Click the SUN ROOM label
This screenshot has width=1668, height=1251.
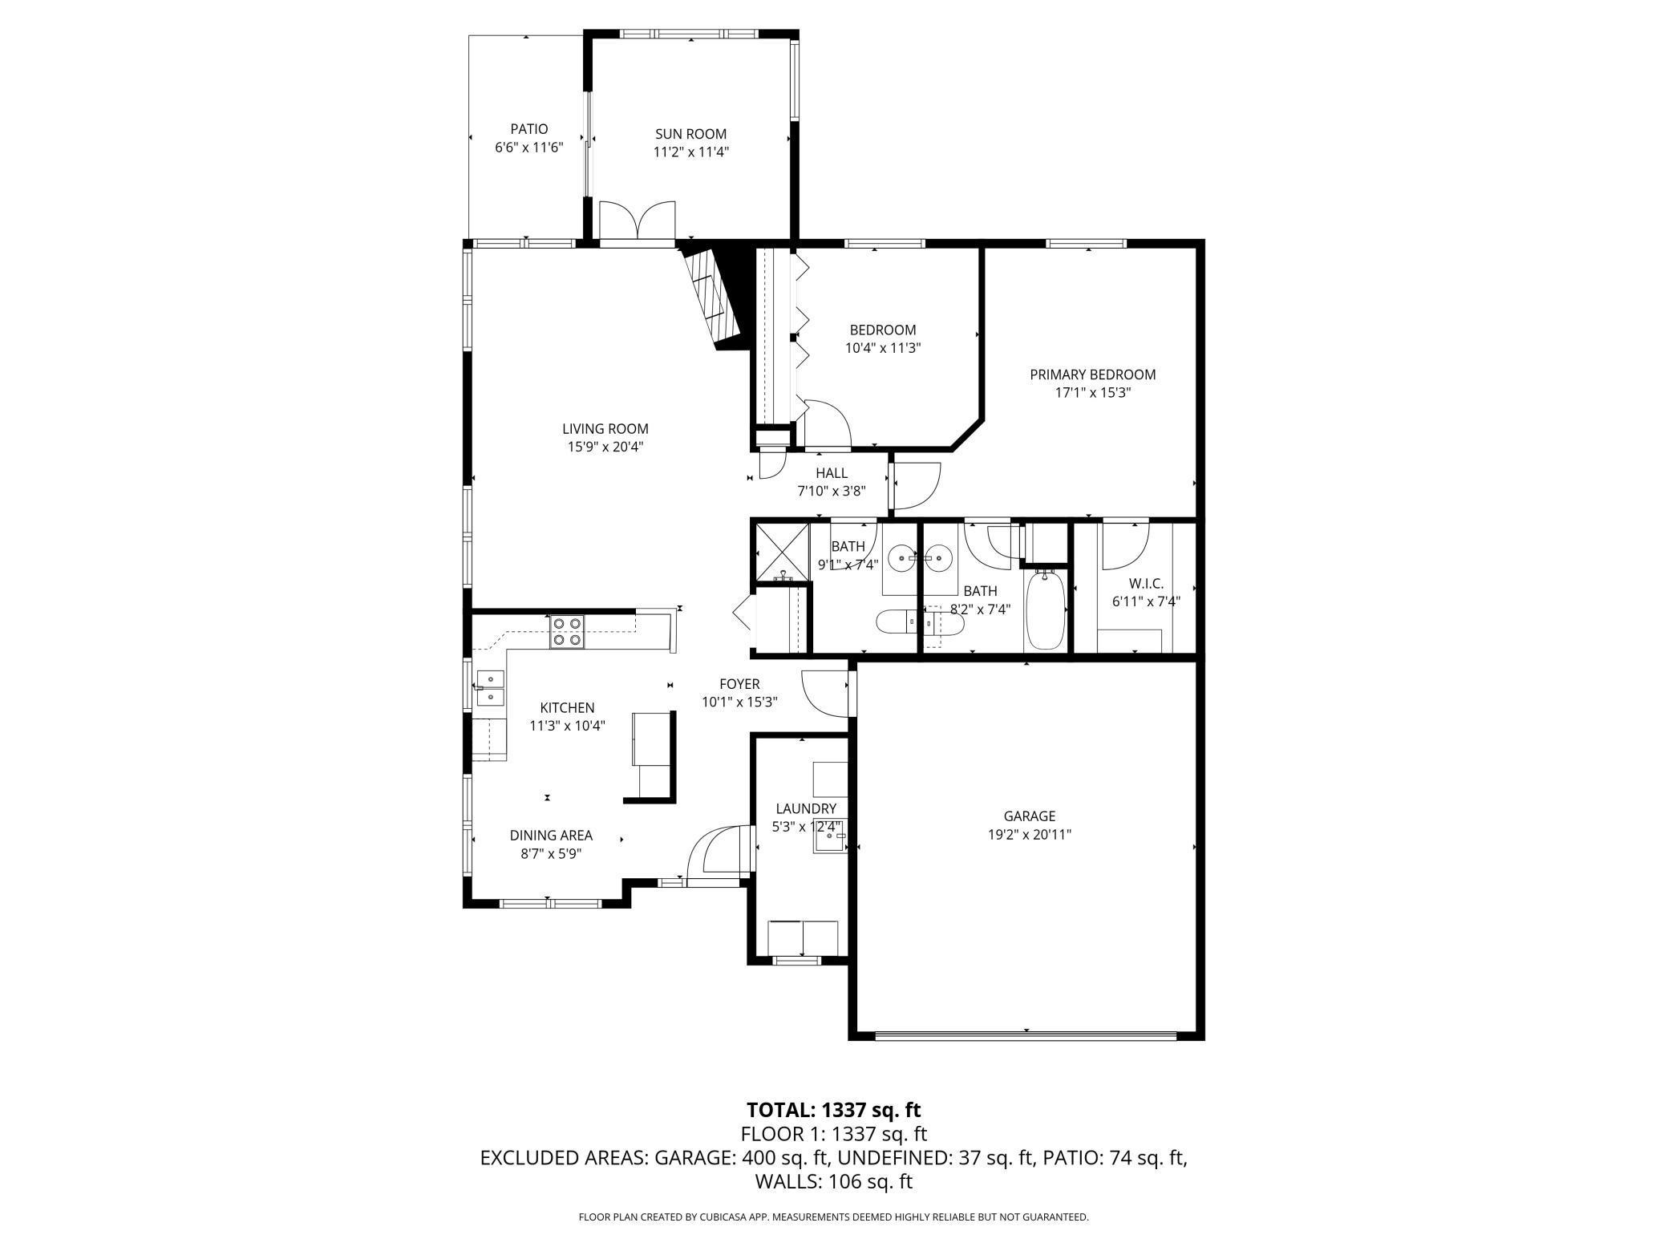690,134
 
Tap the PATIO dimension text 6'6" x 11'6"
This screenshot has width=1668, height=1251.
529,148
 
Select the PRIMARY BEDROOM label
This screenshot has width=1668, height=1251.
1092,374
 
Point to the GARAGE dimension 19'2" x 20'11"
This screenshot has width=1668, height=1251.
1030,835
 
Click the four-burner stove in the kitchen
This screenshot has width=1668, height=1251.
567,631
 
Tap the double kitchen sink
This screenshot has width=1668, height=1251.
490,688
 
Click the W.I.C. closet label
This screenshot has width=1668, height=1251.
1146,584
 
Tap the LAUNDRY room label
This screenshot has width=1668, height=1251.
806,809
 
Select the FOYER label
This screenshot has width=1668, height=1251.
739,684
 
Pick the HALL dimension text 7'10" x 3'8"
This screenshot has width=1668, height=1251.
832,492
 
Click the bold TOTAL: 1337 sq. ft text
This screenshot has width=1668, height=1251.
834,1110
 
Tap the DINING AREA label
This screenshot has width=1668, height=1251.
551,836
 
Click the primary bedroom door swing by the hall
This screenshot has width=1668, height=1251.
916,486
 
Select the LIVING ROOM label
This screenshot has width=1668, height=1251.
605,429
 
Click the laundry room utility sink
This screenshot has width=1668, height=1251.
831,838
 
